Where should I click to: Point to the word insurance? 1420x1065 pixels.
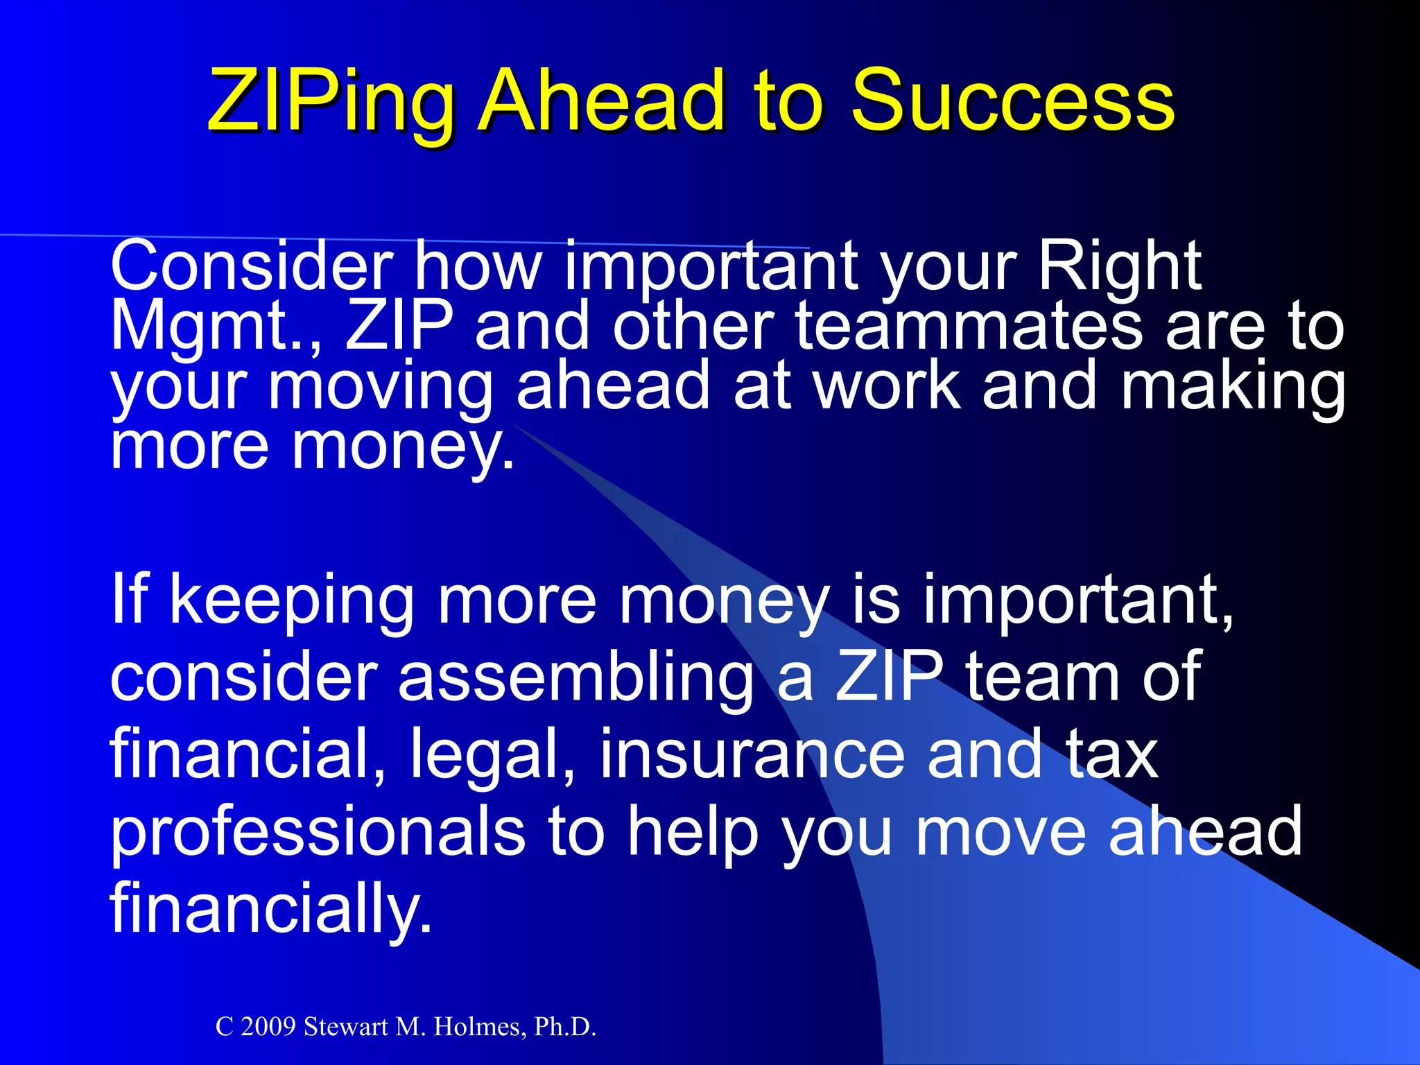pos(752,754)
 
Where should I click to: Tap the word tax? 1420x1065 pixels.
pos(1112,754)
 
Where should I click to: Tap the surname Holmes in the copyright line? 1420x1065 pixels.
pos(478,1027)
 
